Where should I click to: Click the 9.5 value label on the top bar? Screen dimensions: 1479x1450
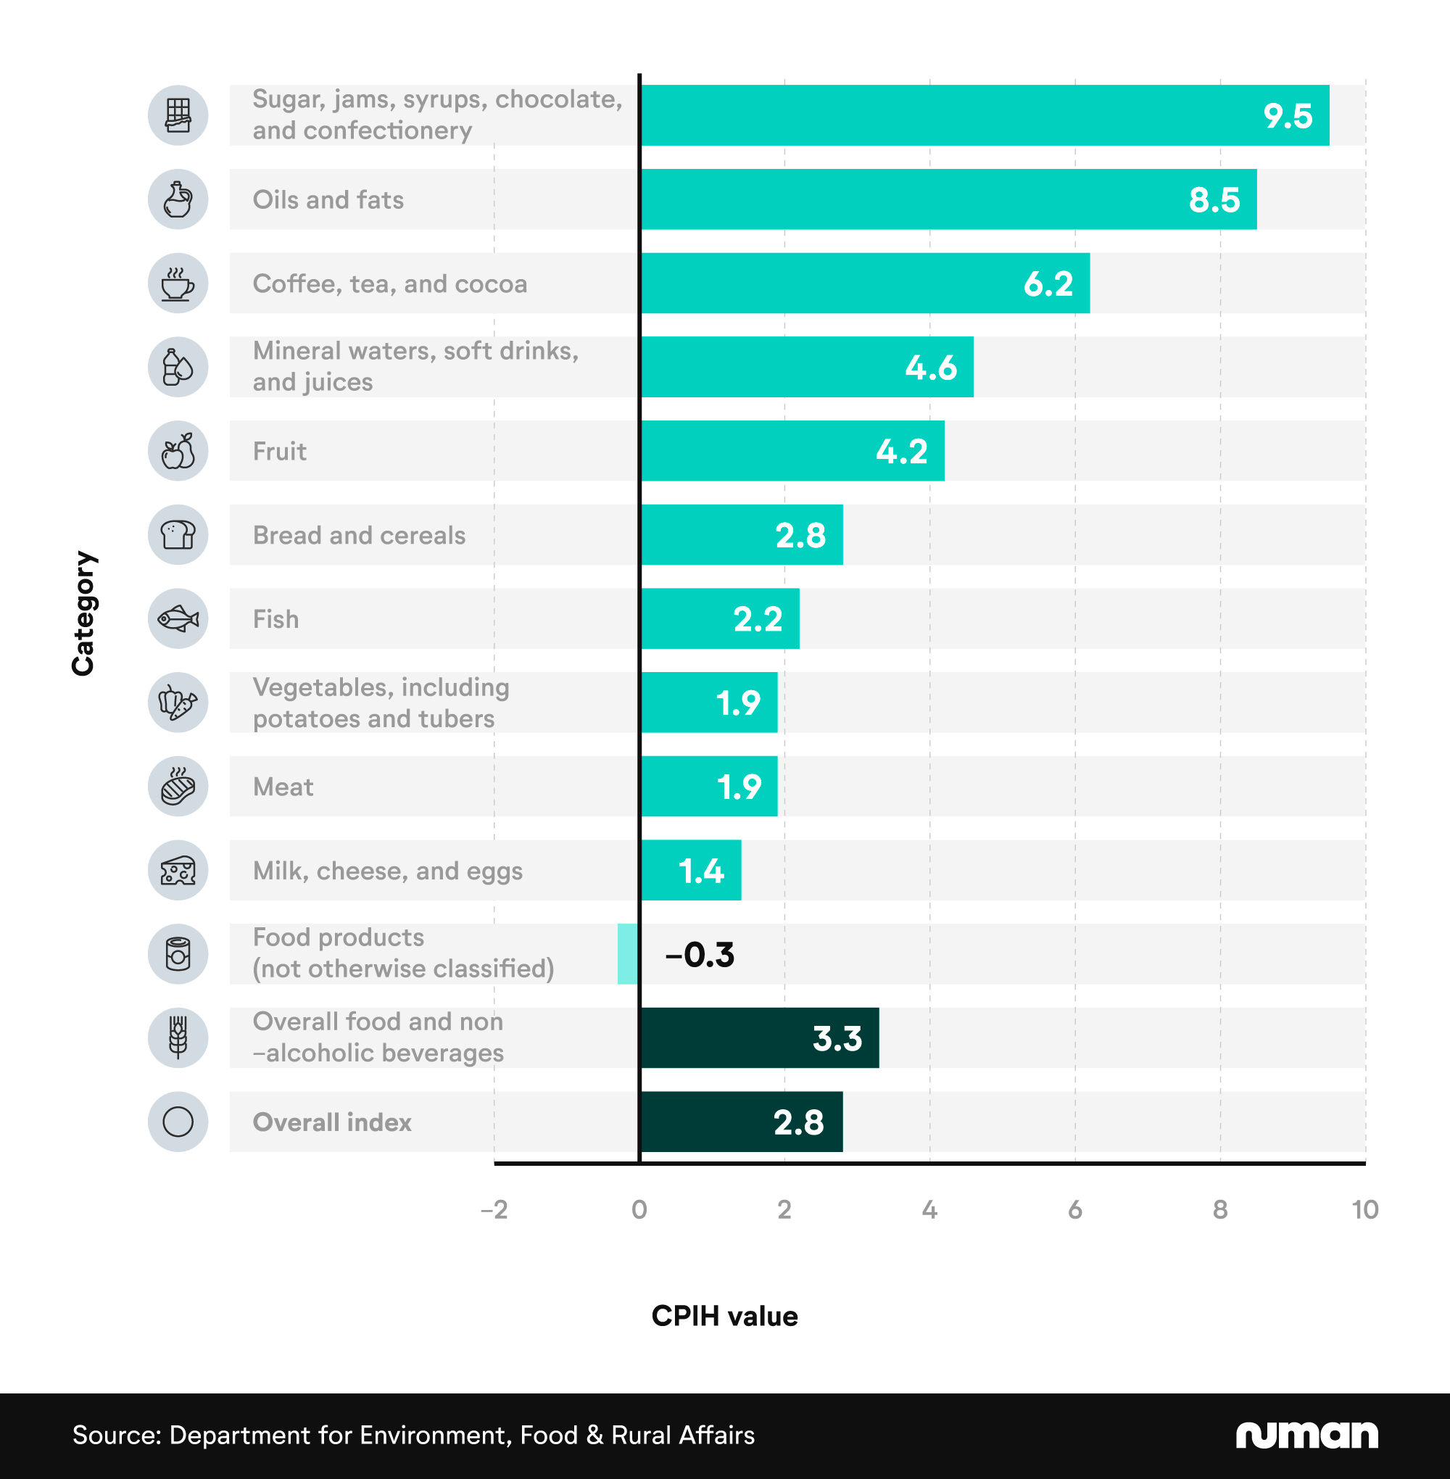[x=1287, y=116]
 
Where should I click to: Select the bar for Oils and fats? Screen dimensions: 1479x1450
[x=948, y=199]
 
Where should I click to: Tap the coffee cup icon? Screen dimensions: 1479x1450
[x=178, y=283]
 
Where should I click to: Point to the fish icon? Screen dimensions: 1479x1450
[x=178, y=618]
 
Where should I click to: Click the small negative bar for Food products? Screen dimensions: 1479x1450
[x=628, y=954]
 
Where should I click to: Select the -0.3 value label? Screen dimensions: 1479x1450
[x=699, y=955]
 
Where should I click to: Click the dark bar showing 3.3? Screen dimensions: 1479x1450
[x=759, y=1038]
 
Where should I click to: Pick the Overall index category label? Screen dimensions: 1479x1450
[x=332, y=1122]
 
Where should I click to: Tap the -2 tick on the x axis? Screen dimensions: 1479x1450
[x=494, y=1209]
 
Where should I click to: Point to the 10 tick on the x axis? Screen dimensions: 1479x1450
[x=1364, y=1209]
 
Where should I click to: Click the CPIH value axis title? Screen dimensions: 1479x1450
[x=724, y=1316]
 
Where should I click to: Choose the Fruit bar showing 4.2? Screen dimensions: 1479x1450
[x=792, y=451]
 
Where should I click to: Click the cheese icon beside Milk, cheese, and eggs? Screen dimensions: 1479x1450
[x=178, y=871]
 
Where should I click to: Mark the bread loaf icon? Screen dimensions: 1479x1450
[x=178, y=534]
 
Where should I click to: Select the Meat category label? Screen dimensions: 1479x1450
[x=283, y=787]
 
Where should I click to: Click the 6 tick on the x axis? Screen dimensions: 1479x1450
[x=1074, y=1209]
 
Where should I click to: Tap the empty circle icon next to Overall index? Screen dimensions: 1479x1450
[x=178, y=1122]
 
